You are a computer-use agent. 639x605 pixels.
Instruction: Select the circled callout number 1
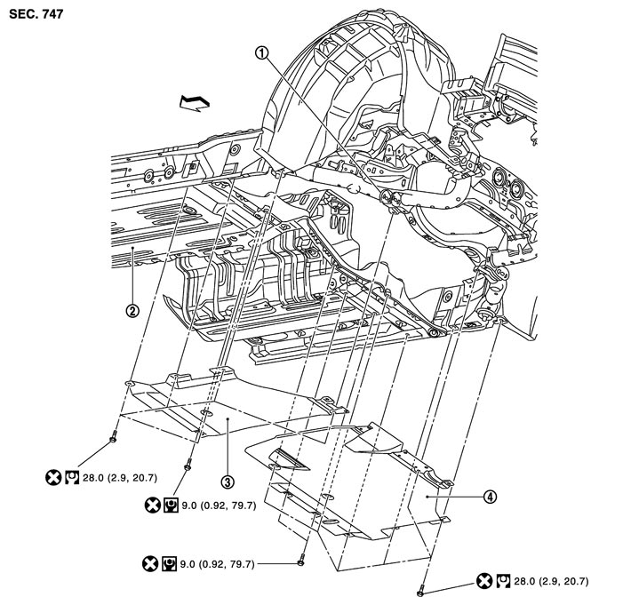coord(261,52)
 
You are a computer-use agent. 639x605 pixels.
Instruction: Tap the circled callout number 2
coord(132,311)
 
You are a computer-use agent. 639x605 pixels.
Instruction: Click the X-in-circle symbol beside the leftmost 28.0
coord(52,478)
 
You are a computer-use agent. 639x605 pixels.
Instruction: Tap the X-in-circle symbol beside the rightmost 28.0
coord(484,582)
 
